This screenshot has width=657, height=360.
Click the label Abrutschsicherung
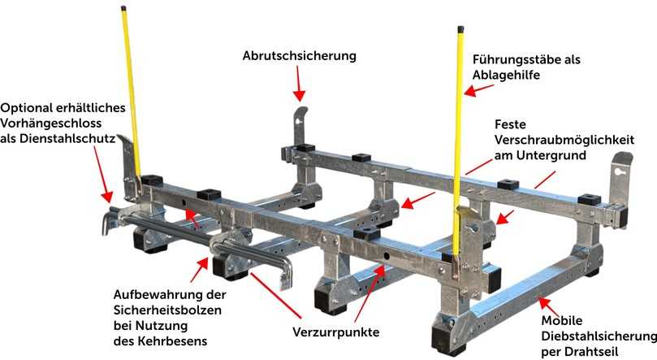click(x=300, y=56)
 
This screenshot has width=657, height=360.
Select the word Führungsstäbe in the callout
click(x=512, y=59)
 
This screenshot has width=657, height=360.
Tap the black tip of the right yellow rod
click(x=460, y=32)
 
